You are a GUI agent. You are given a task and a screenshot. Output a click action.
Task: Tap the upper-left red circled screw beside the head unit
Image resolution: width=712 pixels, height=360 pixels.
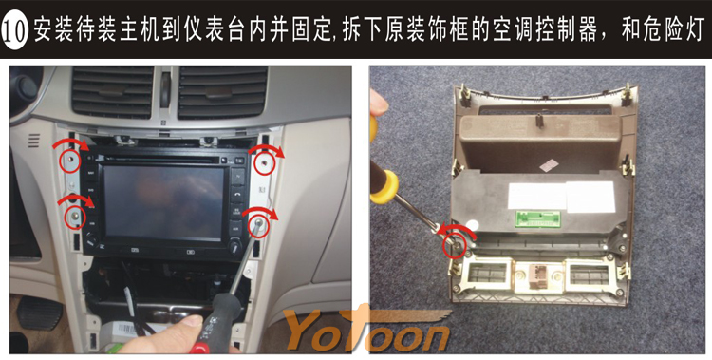point(71,161)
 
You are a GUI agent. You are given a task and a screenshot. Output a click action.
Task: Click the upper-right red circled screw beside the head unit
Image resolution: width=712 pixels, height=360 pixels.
point(264,163)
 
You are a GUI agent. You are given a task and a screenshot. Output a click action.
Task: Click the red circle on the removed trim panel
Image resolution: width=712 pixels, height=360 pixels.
point(454,245)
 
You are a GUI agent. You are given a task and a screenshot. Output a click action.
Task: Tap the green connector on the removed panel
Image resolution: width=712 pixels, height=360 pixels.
point(537,219)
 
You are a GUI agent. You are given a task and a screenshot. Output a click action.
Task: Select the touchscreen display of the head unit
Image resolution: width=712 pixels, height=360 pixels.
point(162,202)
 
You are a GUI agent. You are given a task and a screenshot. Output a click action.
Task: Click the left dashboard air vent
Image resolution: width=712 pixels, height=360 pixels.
point(113,92)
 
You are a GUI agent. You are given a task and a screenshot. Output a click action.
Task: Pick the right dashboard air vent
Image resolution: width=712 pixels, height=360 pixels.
point(222,92)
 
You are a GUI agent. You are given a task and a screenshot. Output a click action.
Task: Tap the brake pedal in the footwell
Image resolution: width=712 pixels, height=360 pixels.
point(40,312)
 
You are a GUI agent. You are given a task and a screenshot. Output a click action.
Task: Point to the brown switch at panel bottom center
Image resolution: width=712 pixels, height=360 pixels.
point(537,275)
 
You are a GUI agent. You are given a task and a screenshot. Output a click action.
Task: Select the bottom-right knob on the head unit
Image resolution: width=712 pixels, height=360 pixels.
point(234,247)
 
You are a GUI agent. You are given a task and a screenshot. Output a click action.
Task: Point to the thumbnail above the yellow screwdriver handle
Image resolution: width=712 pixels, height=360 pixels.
point(378,102)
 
